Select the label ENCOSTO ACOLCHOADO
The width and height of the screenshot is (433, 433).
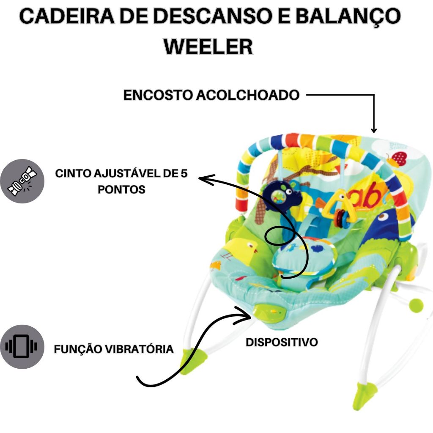click(x=211, y=96)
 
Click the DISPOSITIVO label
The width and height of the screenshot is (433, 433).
click(x=282, y=342)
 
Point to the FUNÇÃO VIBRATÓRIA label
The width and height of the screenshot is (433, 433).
click(x=114, y=349)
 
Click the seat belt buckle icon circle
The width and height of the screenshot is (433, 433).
click(x=22, y=181)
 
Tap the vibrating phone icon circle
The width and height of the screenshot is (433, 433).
click(x=22, y=347)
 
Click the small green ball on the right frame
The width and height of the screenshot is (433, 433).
click(x=417, y=304)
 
